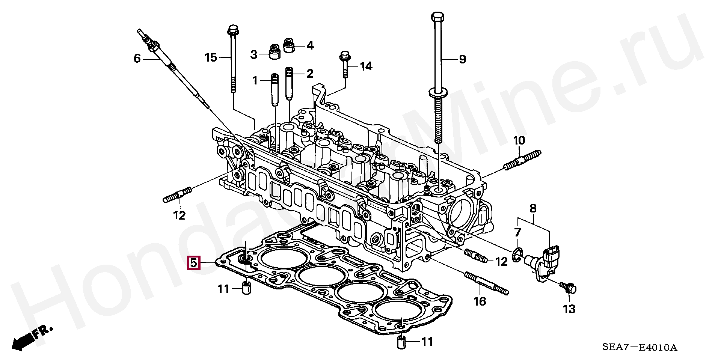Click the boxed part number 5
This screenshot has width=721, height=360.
pos(193,263)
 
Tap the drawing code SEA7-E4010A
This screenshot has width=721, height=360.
pos(640,347)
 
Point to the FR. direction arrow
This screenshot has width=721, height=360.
pos(32,338)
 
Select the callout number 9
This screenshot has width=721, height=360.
pos(462,59)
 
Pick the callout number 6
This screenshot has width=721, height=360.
pos(137,58)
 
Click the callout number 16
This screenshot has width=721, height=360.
pos(480,301)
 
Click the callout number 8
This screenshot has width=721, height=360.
pos(533,208)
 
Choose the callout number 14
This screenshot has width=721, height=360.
pos(366,66)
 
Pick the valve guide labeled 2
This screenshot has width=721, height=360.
pos(289,83)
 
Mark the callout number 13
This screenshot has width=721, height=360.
pos(569,309)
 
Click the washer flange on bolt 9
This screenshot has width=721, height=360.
pos(438,93)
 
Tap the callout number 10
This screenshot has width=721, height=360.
pos(519,141)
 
